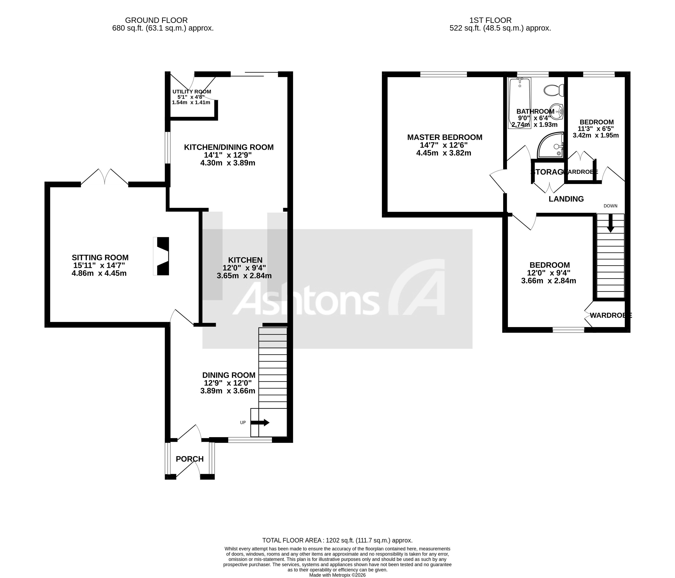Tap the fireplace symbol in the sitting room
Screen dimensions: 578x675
[x=162, y=256]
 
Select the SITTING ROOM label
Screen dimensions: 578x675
[x=100, y=258]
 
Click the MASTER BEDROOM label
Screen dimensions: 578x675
[x=444, y=137]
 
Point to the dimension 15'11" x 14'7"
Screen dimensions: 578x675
[x=99, y=266]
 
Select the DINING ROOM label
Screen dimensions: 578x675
[x=229, y=375]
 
